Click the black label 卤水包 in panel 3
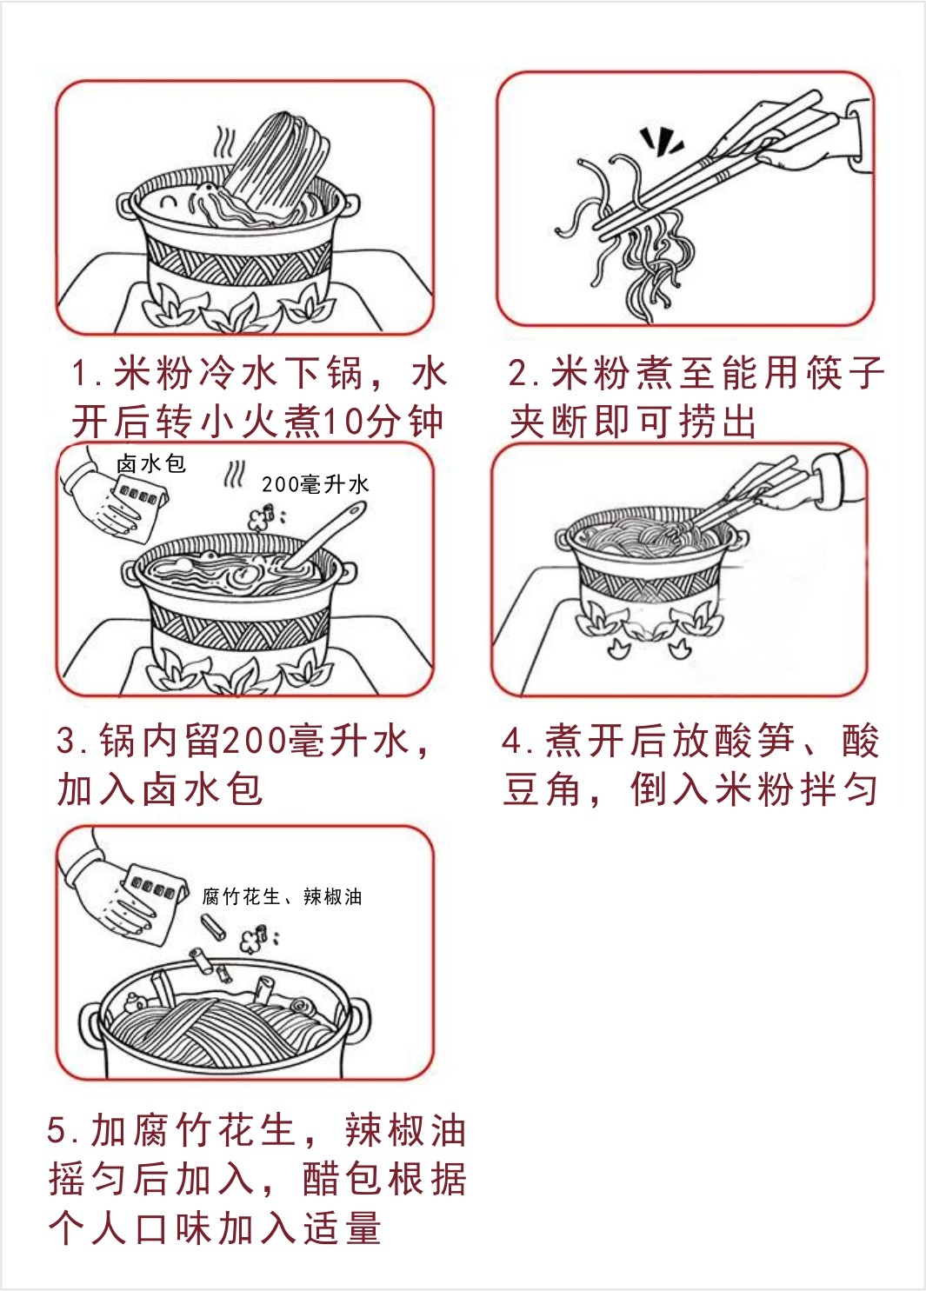pyautogui.click(x=151, y=464)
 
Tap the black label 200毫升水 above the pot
pyautogui.click(x=316, y=485)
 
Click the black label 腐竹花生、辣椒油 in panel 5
pyautogui.click(x=282, y=897)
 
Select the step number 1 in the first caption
pyautogui.click(x=80, y=373)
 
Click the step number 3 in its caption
pyautogui.click(x=66, y=741)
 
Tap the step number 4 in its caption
pyautogui.click(x=513, y=741)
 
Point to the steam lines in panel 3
pyautogui.click(x=235, y=475)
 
